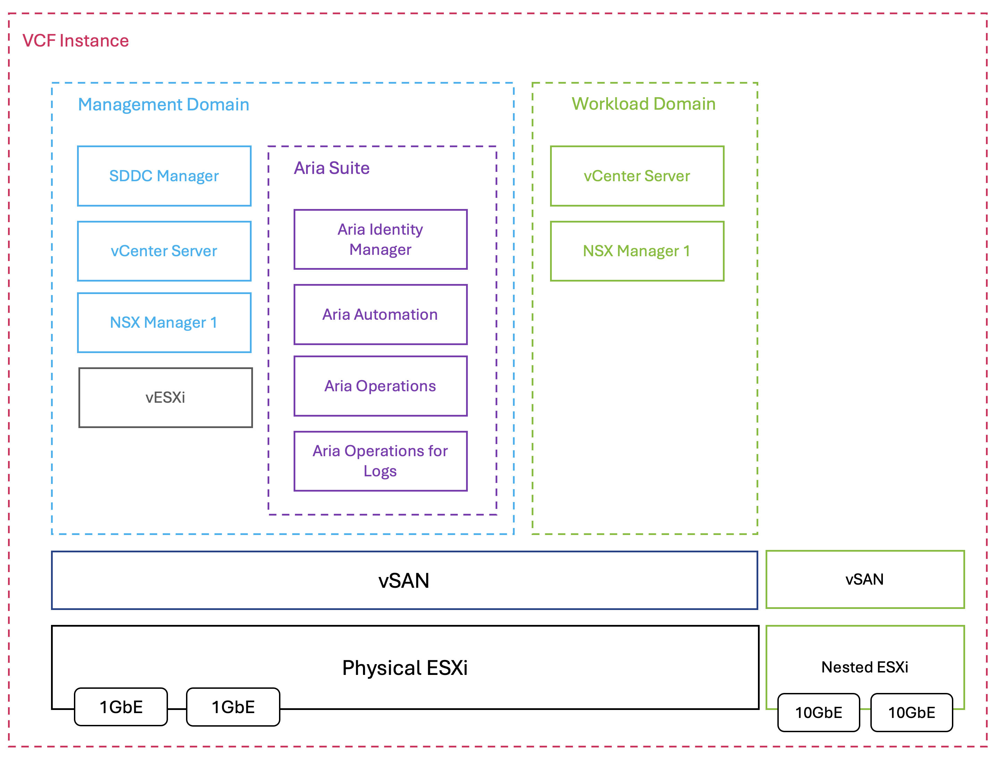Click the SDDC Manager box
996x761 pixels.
[164, 176]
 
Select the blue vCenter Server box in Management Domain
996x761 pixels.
[164, 251]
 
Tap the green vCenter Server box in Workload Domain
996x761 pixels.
[636, 176]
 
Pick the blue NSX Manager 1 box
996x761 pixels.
[164, 323]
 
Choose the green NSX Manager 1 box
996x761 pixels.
[636, 251]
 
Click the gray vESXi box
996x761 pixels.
[165, 397]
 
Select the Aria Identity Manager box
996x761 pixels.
[380, 239]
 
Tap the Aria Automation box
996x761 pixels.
[380, 315]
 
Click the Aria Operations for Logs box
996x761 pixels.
[380, 461]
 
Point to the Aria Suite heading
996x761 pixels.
[331, 168]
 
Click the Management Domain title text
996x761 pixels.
[163, 104]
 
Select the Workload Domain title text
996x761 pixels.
[643, 104]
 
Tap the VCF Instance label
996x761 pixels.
[76, 41]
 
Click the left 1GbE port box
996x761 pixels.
[121, 706]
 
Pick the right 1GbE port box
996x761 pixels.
[233, 706]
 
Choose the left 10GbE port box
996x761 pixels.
[819, 712]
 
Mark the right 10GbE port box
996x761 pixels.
[911, 712]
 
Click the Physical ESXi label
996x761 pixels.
[405, 668]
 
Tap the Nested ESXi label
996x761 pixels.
[865, 667]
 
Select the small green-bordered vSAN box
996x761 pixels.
[865, 579]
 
